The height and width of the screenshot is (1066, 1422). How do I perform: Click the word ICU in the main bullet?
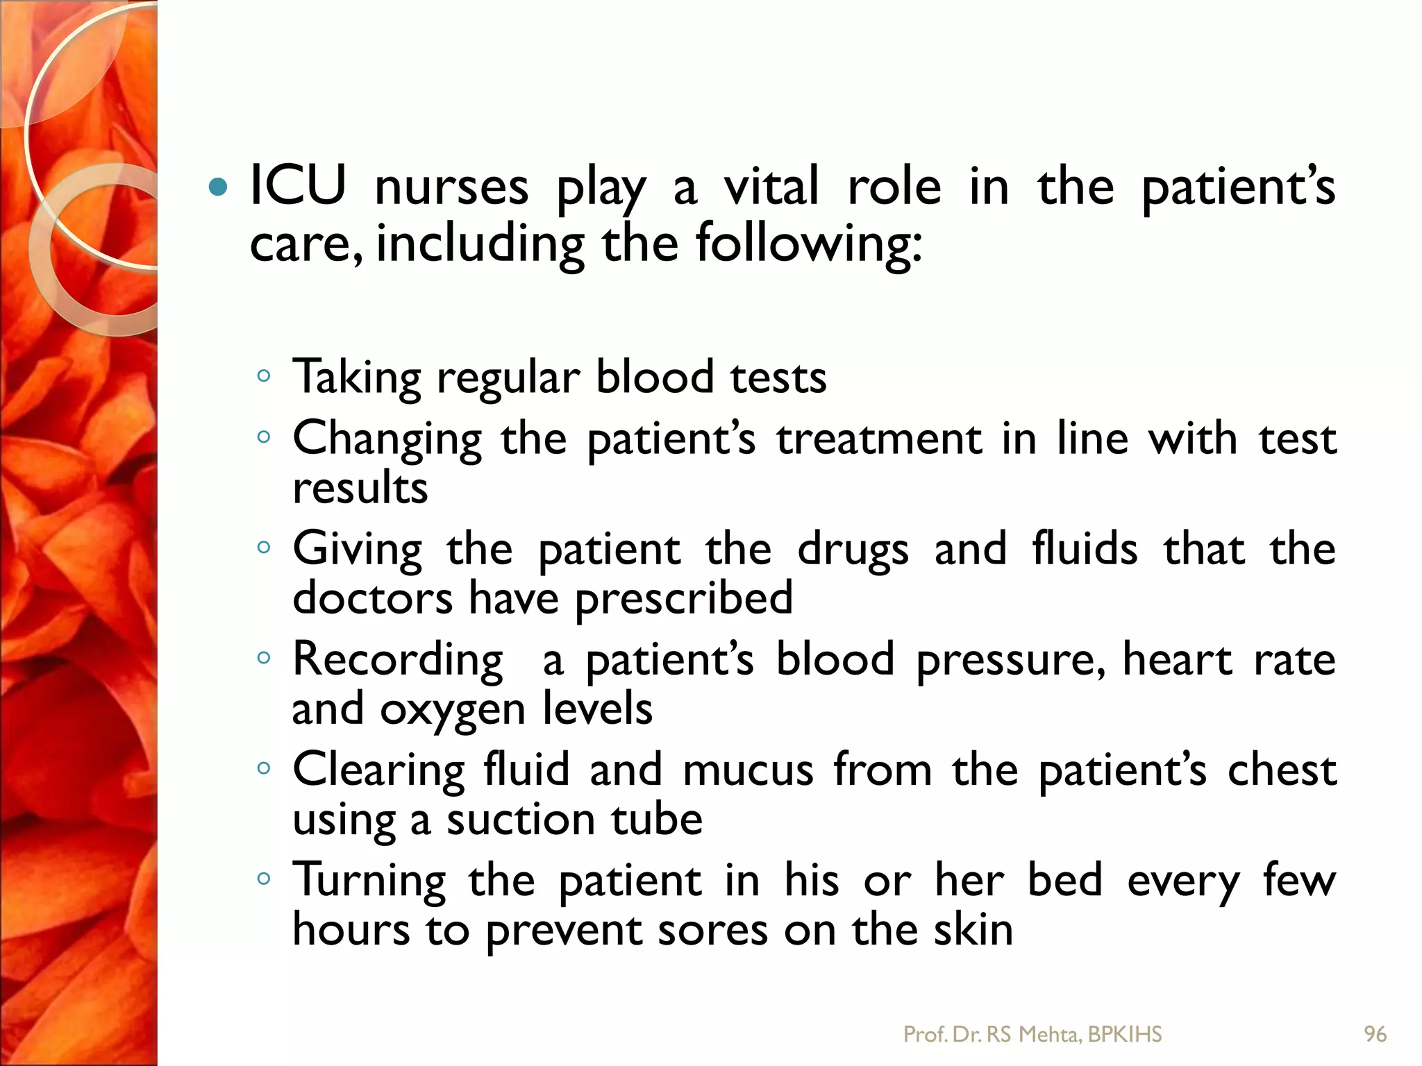tap(298, 186)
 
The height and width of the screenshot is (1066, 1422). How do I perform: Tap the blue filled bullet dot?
tap(218, 187)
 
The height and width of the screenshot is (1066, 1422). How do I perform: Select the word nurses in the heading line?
tap(451, 187)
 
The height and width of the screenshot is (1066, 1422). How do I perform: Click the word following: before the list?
tap(809, 244)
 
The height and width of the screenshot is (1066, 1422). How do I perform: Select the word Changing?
tap(387, 440)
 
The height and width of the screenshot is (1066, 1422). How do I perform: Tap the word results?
tap(360, 487)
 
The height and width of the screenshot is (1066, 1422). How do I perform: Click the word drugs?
tap(853, 550)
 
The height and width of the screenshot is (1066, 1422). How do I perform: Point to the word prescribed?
tap(684, 598)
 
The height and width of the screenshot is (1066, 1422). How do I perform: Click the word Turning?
tap(369, 881)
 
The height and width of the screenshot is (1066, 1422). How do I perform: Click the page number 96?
tap(1375, 1034)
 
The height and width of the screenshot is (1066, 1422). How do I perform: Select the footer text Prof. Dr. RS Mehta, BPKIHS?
tap(1032, 1034)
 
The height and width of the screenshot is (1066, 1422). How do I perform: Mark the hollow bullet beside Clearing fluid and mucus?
tap(263, 768)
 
